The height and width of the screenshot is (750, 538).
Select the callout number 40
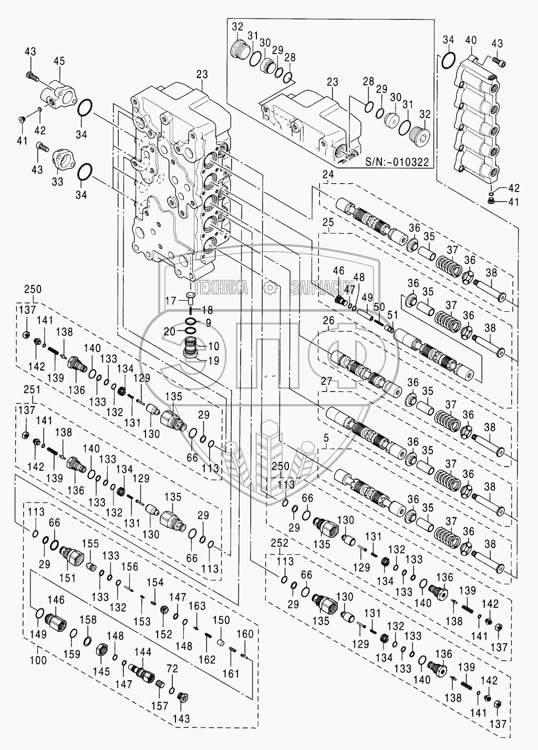pos(471,40)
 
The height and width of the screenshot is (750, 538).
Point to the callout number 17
pos(171,300)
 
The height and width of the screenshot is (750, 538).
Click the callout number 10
pos(215,346)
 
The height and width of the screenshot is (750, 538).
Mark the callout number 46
pos(338,271)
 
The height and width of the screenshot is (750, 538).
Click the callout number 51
pos(391,315)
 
